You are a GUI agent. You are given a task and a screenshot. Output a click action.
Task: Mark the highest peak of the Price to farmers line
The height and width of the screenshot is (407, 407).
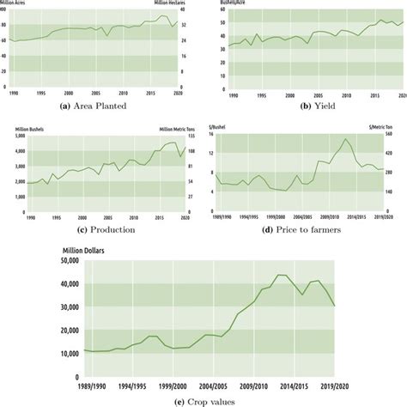coord(346,139)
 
